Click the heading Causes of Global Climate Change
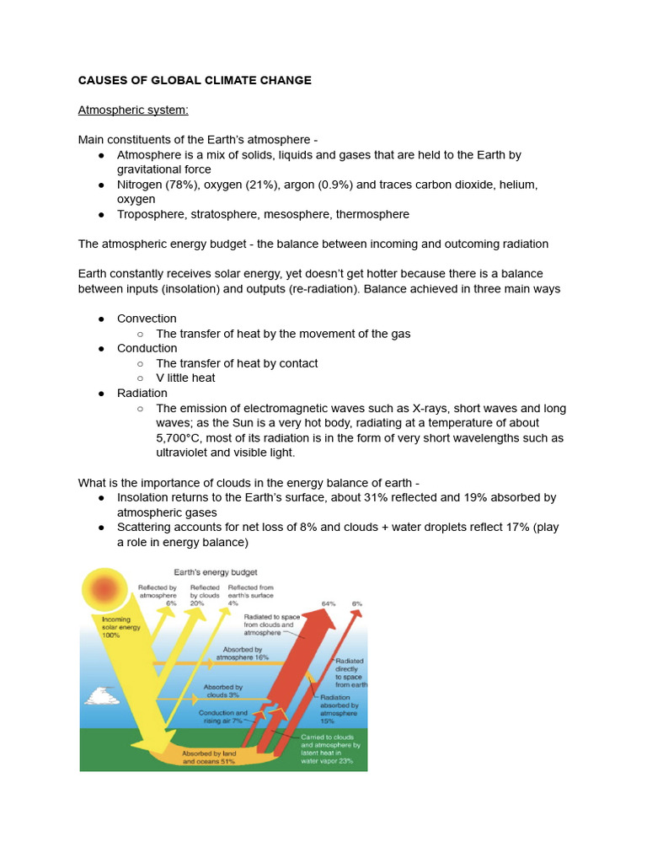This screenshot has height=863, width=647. coord(195,80)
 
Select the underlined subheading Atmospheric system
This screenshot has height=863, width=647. coord(133,110)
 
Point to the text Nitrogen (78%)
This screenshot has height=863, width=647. coord(158,184)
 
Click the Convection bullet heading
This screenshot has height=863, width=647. coord(147,319)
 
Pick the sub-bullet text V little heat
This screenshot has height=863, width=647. coord(185,378)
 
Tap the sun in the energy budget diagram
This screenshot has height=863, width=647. coord(105,590)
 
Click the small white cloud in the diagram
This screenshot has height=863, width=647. coord(101,695)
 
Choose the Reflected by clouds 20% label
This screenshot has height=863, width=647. coord(205,595)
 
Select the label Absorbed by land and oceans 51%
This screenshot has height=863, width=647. coord(208,756)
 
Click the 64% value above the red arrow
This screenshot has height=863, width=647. coord(329,603)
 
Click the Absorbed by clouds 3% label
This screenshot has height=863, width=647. coord(222,691)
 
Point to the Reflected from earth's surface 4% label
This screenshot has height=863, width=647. coord(250,595)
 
